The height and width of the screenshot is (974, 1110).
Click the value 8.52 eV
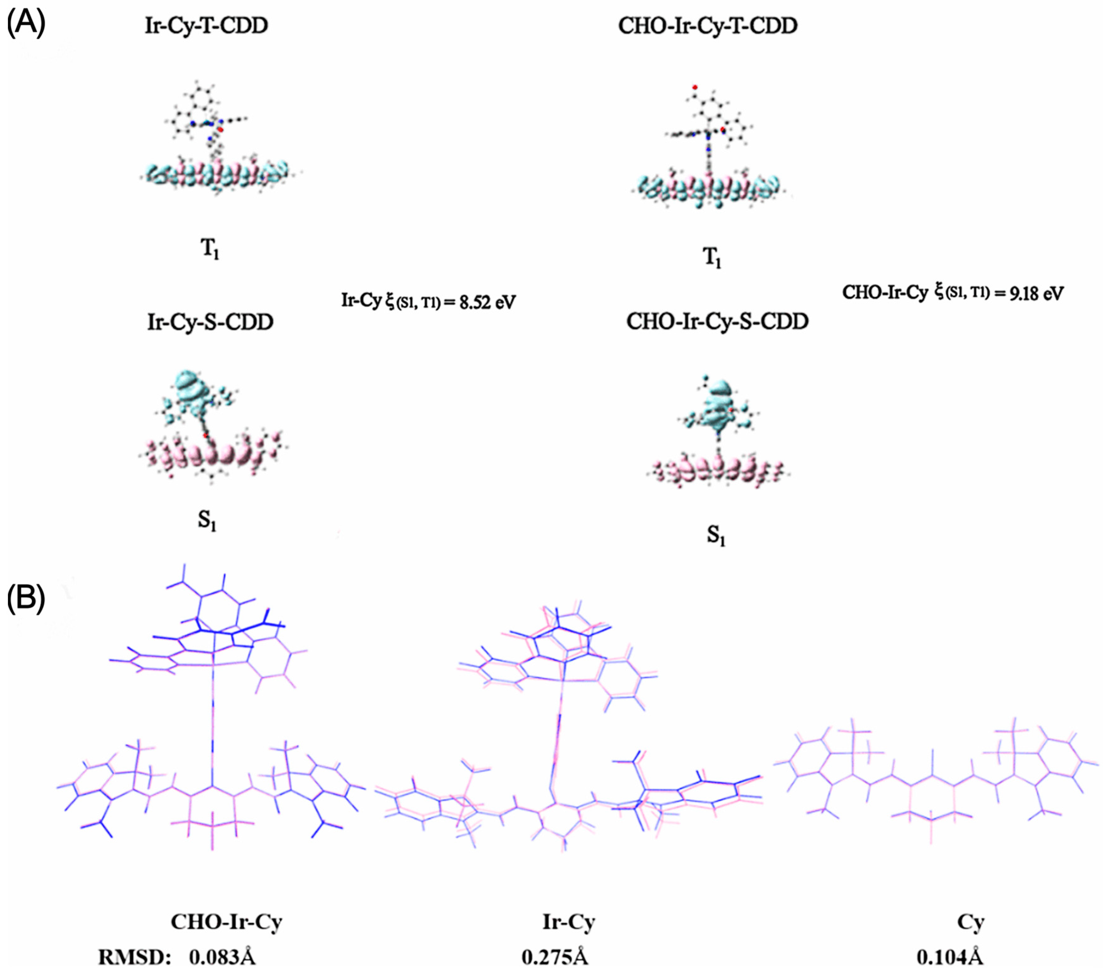click(x=487, y=302)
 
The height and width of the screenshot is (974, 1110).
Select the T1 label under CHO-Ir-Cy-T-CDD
click(x=712, y=257)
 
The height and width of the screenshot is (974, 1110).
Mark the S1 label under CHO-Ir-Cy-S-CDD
click(x=716, y=537)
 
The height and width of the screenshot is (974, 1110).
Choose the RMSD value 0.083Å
click(x=222, y=957)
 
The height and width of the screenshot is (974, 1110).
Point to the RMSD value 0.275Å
click(x=555, y=957)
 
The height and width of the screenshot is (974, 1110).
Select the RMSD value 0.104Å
click(x=950, y=957)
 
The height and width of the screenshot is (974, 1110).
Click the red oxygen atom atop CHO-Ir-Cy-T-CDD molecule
click(x=694, y=87)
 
